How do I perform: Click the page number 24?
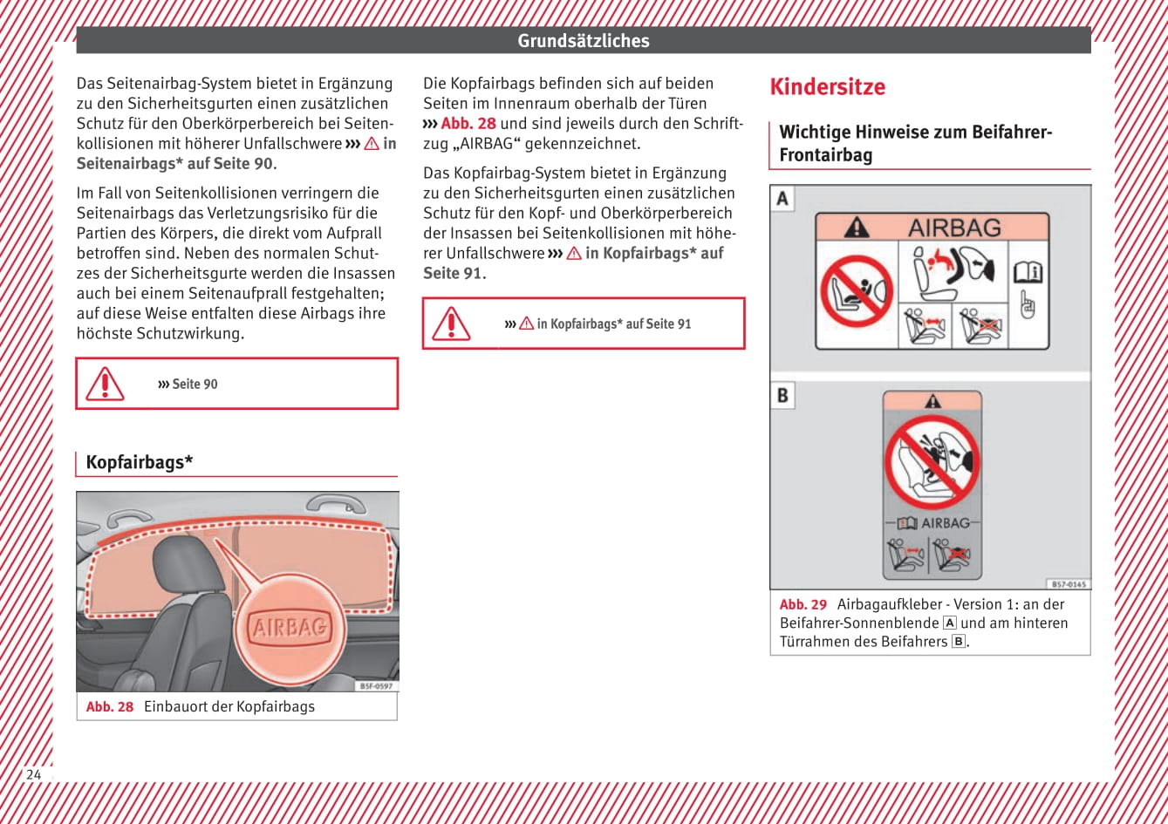click(33, 774)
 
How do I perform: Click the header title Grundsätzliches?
click(583, 41)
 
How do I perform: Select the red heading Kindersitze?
click(827, 87)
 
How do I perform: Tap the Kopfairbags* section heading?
click(140, 462)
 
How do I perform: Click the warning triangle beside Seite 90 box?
click(105, 384)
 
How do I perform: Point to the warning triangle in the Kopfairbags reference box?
click(451, 323)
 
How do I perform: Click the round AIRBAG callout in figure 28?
click(290, 626)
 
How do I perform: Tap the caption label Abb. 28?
click(110, 706)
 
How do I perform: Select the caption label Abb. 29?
click(803, 604)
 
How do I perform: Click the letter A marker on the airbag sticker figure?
click(782, 199)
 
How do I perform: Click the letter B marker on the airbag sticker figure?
click(782, 396)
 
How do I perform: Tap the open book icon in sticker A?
click(1028, 273)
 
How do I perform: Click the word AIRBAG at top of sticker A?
click(954, 228)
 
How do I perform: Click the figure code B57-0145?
click(1068, 584)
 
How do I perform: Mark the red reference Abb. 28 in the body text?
click(468, 124)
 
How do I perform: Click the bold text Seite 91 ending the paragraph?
click(453, 273)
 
